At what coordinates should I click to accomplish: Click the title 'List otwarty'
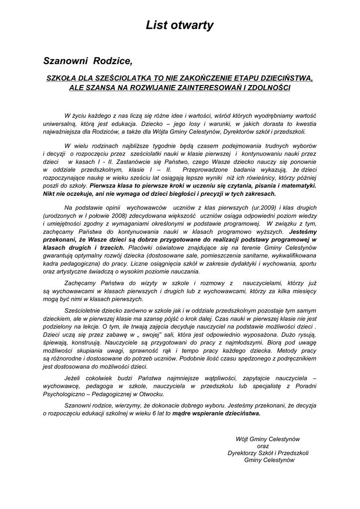point(180,26)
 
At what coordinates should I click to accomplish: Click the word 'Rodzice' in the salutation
point(112,62)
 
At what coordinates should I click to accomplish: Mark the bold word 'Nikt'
point(50,194)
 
